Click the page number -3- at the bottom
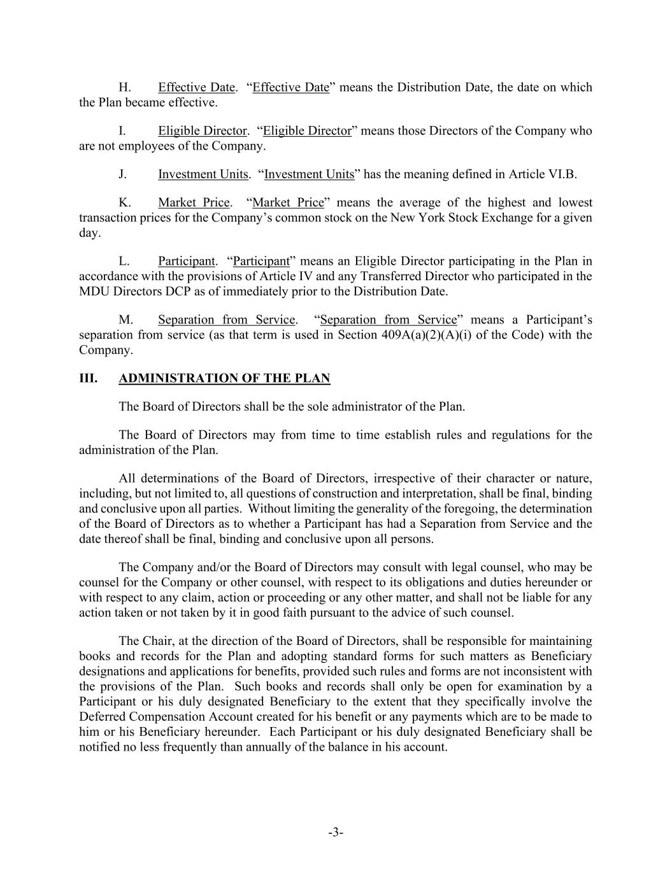click(x=336, y=832)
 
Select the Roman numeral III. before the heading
click(x=88, y=379)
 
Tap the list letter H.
click(x=125, y=87)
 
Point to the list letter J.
click(x=123, y=174)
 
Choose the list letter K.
click(x=125, y=202)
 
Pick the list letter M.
click(x=125, y=320)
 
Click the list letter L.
click(x=124, y=261)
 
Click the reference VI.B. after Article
click(x=562, y=174)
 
